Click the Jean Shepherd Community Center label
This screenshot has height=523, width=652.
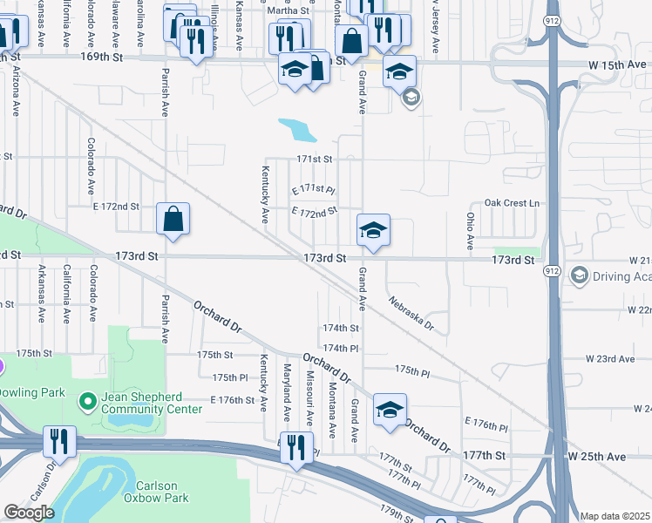coord(158,402)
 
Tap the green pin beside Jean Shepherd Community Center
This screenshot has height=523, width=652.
coord(87,402)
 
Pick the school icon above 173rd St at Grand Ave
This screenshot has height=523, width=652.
coord(373,231)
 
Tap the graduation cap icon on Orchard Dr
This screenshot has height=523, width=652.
coord(390,410)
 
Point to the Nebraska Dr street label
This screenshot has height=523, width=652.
coord(411,313)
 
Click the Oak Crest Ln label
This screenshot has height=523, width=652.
coord(513,203)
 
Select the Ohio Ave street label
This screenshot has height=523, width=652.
coord(470,231)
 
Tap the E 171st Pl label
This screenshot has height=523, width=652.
coord(313,189)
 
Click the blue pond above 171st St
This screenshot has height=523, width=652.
coord(298,131)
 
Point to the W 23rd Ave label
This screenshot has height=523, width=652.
coord(609,359)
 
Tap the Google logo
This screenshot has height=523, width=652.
coord(29,513)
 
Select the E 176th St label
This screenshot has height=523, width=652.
coord(231,400)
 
